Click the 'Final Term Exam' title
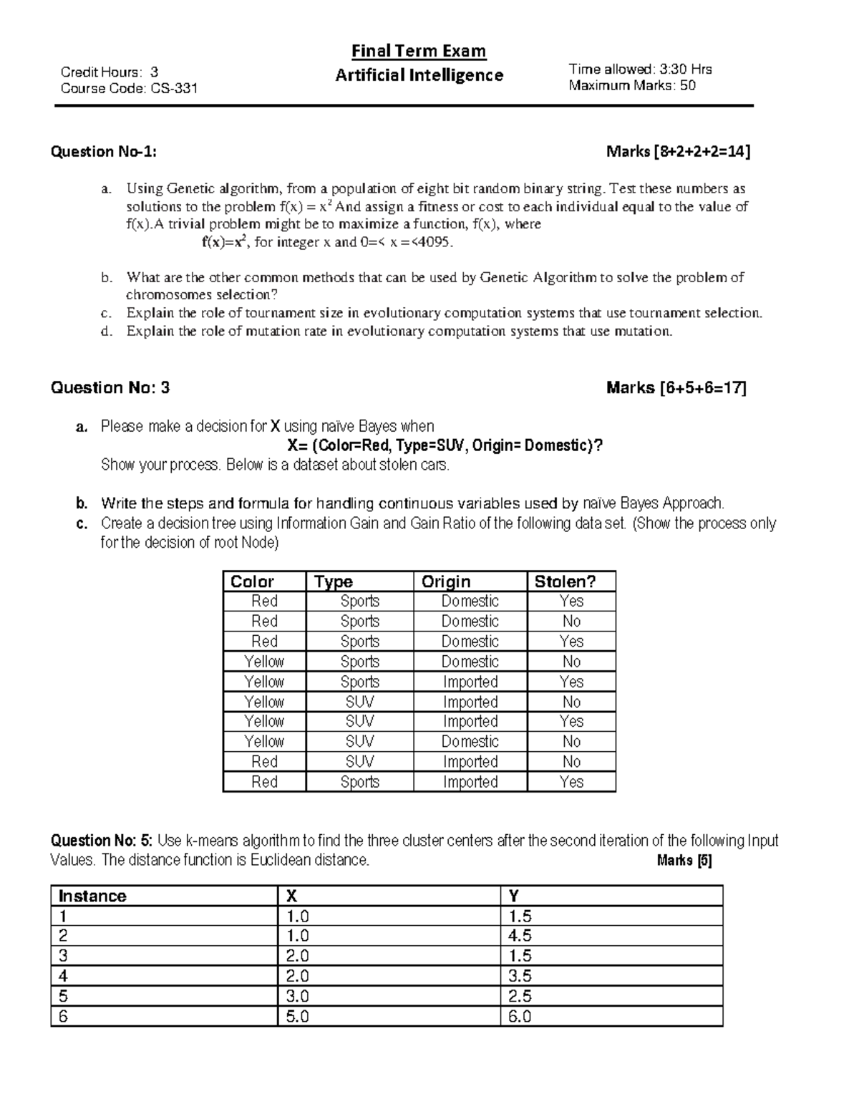[x=419, y=51]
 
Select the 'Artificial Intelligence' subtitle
[x=419, y=75]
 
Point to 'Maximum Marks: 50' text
[x=632, y=86]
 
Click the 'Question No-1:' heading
[x=103, y=152]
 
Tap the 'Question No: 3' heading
[x=110, y=388]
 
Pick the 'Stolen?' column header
[x=565, y=581]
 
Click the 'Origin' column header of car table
[x=446, y=581]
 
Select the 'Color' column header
[x=252, y=581]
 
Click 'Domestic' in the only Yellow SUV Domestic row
[x=470, y=742]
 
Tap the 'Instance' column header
[x=92, y=896]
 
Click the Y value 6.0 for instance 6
[x=520, y=1016]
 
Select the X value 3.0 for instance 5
[x=298, y=996]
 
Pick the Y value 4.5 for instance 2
[x=520, y=936]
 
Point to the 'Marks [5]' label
[x=684, y=861]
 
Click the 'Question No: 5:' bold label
[x=102, y=841]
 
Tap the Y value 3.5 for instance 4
[x=520, y=976]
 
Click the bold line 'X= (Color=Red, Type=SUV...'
[x=445, y=446]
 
